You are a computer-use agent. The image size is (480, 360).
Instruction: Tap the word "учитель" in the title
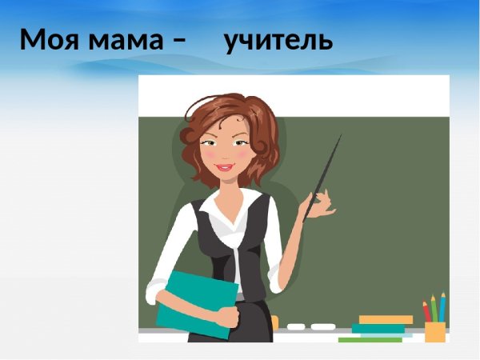click(278, 38)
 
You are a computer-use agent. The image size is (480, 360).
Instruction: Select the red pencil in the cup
click(426, 311)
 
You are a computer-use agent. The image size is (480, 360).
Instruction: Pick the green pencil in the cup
click(434, 307)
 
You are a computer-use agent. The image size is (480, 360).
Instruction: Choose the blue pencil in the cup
click(442, 306)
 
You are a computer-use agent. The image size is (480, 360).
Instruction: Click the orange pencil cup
click(435, 331)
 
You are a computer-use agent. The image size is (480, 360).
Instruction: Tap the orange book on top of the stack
click(386, 319)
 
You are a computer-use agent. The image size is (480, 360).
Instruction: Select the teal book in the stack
click(378, 328)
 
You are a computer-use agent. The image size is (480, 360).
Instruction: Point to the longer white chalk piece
click(322, 326)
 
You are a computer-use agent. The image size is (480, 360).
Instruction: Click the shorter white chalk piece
click(296, 326)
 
